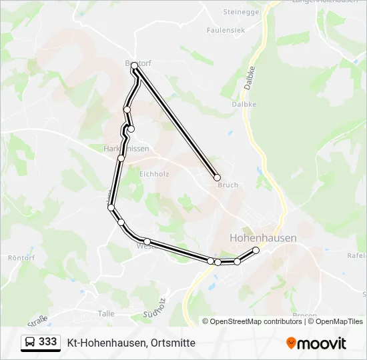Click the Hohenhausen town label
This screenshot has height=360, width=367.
coord(263,237)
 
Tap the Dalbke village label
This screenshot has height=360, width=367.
coord(244,104)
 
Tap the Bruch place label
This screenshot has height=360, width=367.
coord(228,185)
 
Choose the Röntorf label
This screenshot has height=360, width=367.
coord(20,257)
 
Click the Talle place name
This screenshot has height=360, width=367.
coord(105,313)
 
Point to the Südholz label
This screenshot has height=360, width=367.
coord(154,309)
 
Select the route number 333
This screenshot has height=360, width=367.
coord(48,342)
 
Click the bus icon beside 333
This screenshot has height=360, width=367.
coord(30,343)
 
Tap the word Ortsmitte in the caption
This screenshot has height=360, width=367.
coord(173,343)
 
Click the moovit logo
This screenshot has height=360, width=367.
coord(316,343)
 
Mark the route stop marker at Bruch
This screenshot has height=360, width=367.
coord(217,177)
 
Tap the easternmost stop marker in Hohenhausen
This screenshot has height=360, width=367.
coord(256,250)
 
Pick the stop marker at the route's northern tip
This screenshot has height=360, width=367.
coord(134,65)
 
